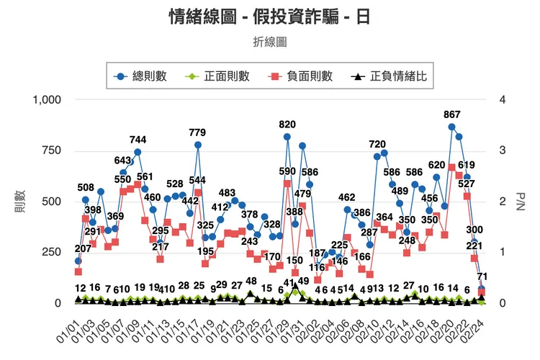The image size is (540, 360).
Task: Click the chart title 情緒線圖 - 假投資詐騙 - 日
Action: pos(270,16)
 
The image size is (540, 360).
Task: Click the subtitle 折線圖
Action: pos(270,42)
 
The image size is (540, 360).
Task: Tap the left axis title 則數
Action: pos(19,201)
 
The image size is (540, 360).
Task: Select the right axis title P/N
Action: pos(521,201)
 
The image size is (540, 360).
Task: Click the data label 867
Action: pos(452,114)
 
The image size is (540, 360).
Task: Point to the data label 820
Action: pos(287,125)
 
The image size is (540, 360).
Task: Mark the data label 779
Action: pos(197,132)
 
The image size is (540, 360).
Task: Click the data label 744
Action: pos(138,140)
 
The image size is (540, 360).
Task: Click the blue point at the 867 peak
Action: pos(451,127)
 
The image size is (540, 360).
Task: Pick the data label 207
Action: pos(83,248)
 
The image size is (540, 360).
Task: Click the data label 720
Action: pos(377,145)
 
